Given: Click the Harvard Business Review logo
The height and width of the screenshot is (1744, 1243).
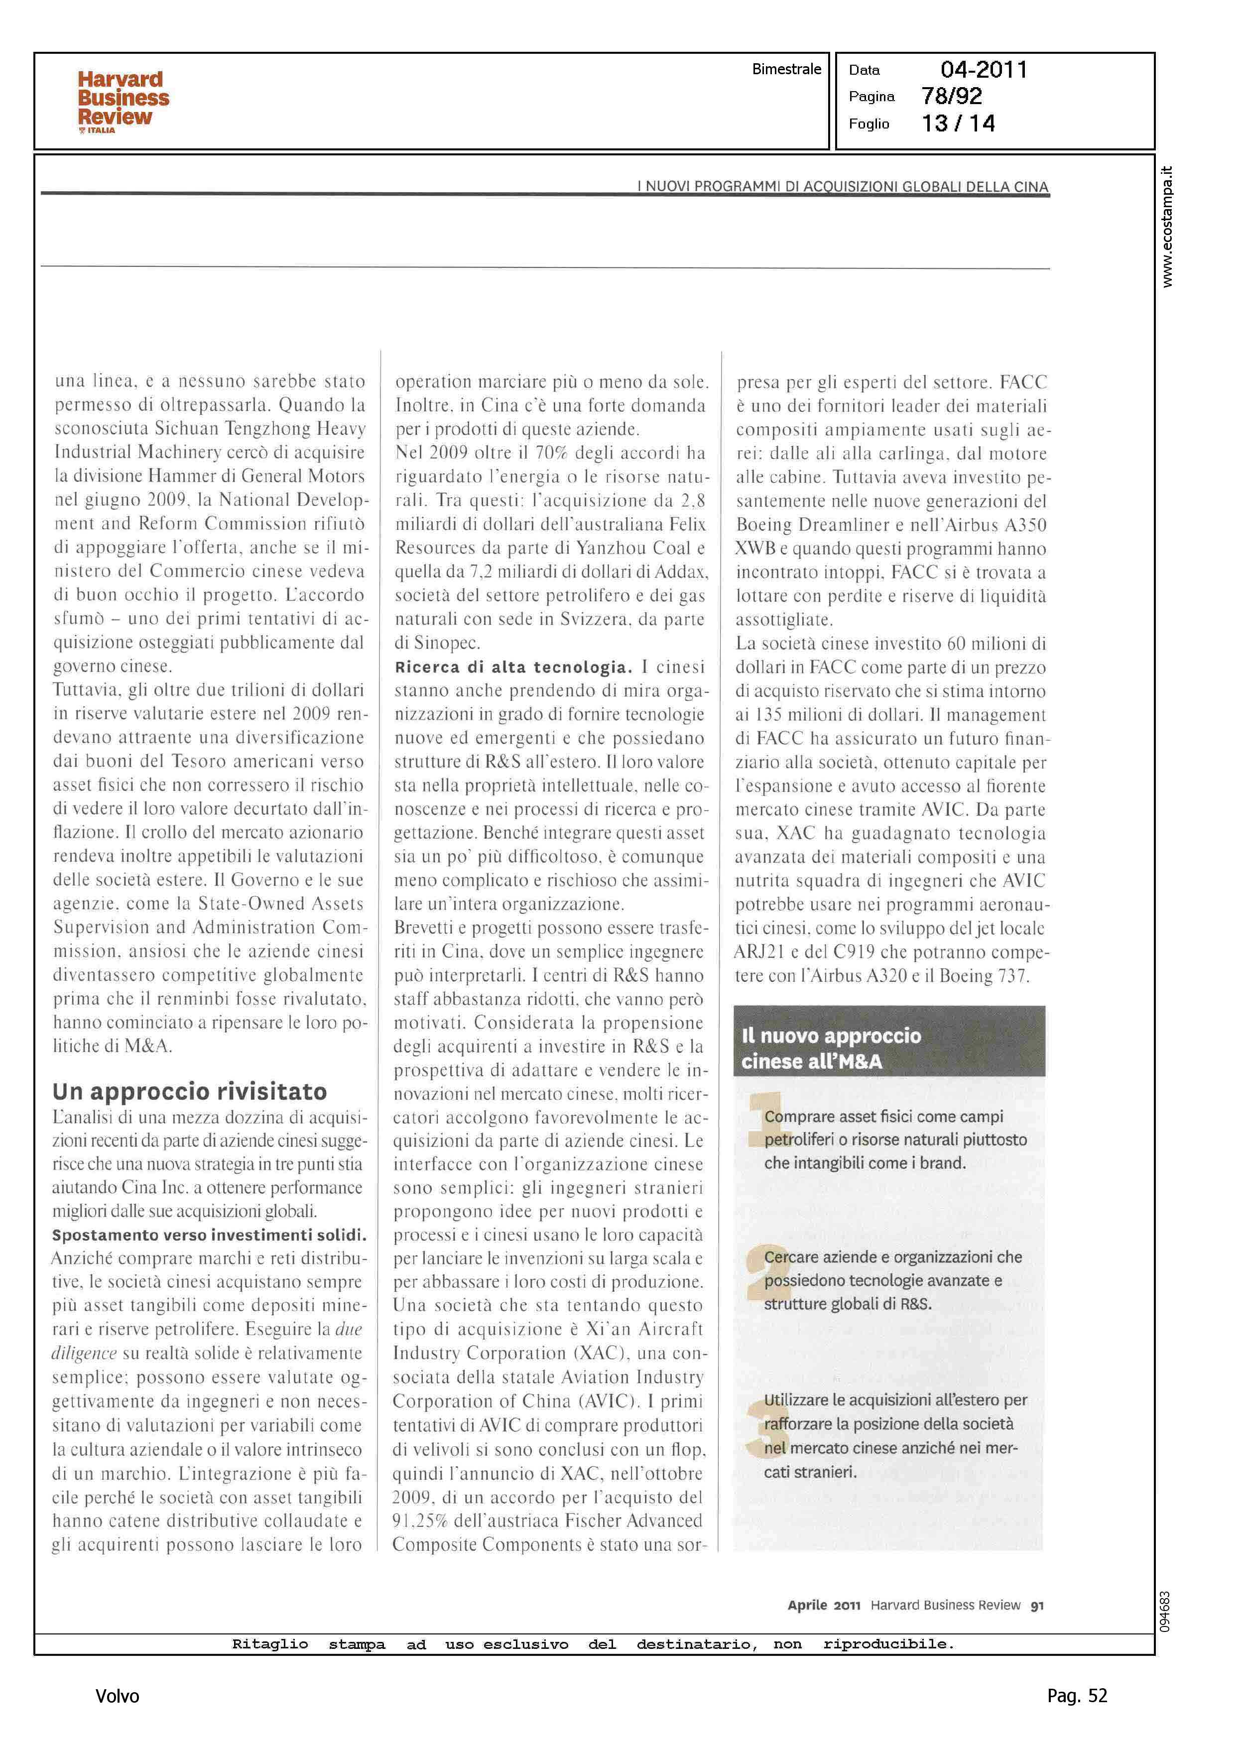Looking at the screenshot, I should [x=123, y=101].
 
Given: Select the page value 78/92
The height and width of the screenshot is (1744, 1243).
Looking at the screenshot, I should [x=951, y=97].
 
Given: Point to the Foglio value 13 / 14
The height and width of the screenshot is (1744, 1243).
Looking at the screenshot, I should [x=958, y=123].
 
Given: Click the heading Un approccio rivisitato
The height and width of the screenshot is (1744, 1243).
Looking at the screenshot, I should [x=190, y=1091].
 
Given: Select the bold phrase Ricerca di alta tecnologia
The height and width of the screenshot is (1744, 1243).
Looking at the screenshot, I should [x=513, y=667].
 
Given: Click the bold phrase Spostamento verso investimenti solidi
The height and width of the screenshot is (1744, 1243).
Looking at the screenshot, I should [x=209, y=1235].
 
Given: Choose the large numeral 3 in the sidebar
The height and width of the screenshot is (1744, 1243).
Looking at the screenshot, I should [x=756, y=1425].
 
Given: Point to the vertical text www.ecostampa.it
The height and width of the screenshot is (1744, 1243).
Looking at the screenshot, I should [x=1166, y=227].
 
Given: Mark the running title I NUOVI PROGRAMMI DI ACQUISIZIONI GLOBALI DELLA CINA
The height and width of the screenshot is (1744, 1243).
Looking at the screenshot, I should [x=842, y=187].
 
